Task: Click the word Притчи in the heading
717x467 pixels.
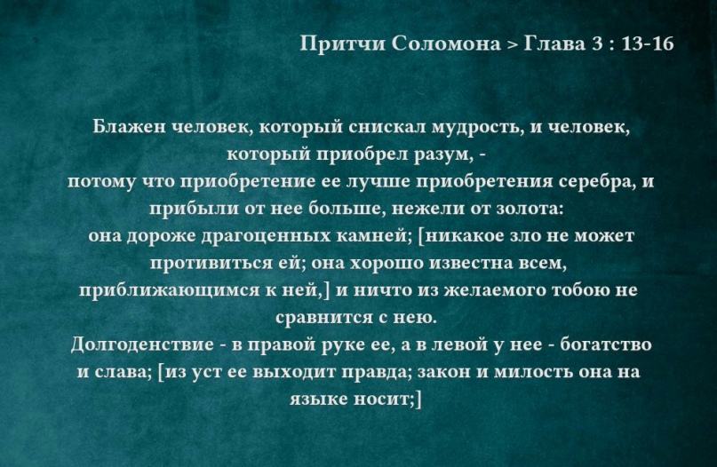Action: (x=342, y=44)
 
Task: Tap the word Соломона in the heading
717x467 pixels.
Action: (x=446, y=44)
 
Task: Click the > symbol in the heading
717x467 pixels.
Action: (x=512, y=44)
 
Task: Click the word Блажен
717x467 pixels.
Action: (x=130, y=127)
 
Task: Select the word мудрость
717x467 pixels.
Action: (x=477, y=127)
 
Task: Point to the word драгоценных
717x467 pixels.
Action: (x=266, y=236)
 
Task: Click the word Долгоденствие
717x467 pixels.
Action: (x=142, y=344)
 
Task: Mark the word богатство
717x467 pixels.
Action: (x=606, y=344)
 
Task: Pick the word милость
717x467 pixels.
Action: (x=534, y=372)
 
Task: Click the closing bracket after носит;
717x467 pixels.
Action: (x=418, y=400)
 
